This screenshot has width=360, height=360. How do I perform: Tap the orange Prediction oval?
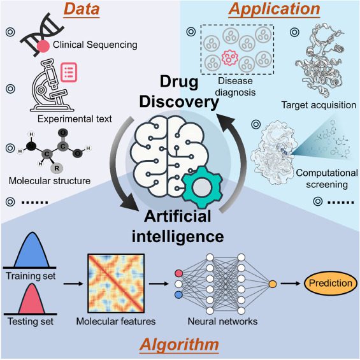pos(331,282)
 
